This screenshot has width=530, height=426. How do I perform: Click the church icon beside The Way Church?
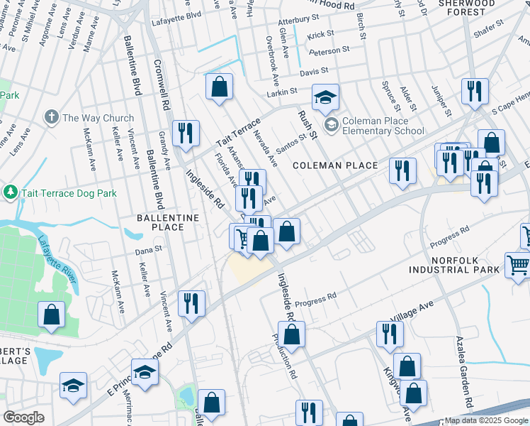click(52, 117)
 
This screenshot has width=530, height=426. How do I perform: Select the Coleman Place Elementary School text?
click(383, 126)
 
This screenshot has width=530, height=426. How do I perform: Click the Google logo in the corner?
click(23, 417)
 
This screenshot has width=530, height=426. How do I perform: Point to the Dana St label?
click(150, 249)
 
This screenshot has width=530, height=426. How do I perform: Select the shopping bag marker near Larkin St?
click(220, 87)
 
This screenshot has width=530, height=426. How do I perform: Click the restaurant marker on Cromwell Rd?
click(186, 132)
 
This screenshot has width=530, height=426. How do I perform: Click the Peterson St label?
click(329, 50)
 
